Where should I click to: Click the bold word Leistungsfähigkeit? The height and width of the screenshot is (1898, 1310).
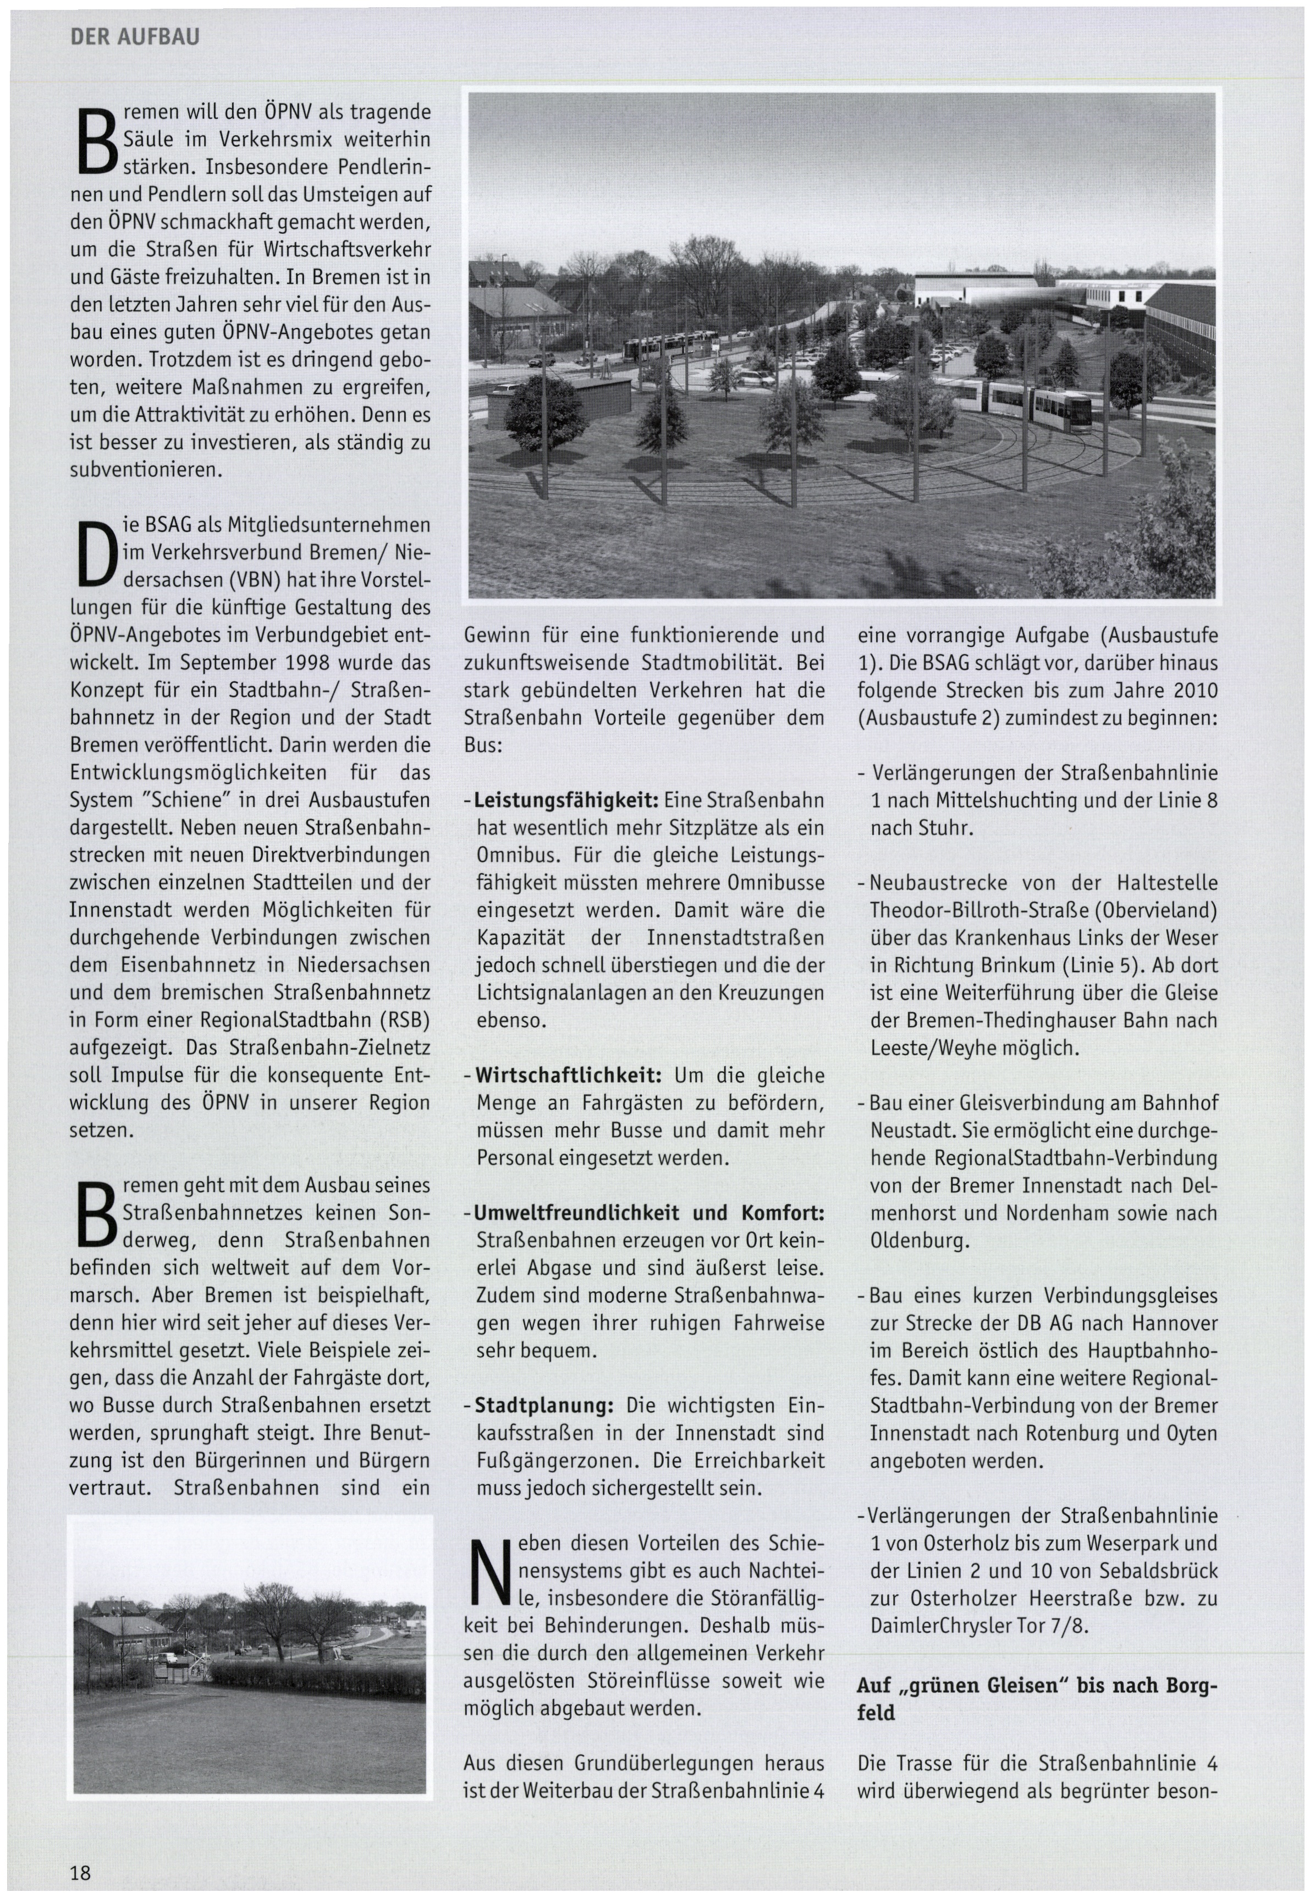point(567,799)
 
